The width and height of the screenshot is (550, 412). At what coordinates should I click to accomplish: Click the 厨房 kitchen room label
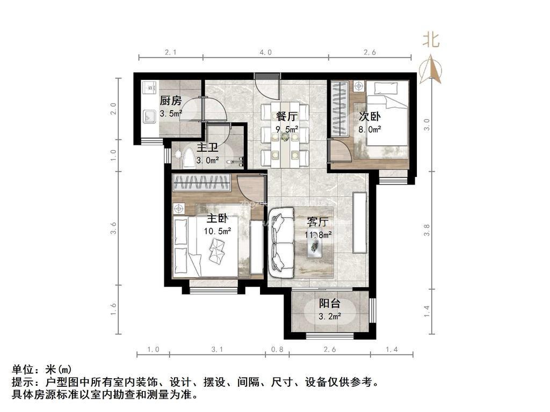[171, 100]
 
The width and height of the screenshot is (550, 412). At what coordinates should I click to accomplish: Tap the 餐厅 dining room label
[287, 116]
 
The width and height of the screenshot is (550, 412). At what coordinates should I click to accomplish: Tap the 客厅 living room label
[318, 222]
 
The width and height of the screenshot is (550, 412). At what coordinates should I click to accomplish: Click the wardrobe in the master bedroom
[202, 183]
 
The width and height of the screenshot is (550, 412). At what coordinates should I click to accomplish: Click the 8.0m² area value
[370, 129]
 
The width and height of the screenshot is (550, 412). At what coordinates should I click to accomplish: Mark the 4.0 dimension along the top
[265, 53]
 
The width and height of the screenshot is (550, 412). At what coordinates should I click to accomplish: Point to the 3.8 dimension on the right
[427, 230]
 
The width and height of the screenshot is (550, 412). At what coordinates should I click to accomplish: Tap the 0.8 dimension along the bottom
[278, 350]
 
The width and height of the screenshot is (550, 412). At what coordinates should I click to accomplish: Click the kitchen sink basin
[148, 115]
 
